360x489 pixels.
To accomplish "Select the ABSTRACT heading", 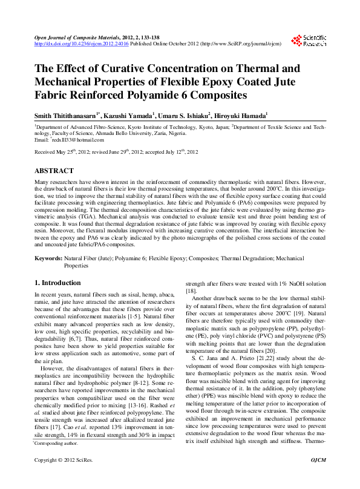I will tap(54, 171).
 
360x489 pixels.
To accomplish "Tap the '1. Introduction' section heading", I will tap(57, 283).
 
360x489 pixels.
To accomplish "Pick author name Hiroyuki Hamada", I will tap(242, 114).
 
